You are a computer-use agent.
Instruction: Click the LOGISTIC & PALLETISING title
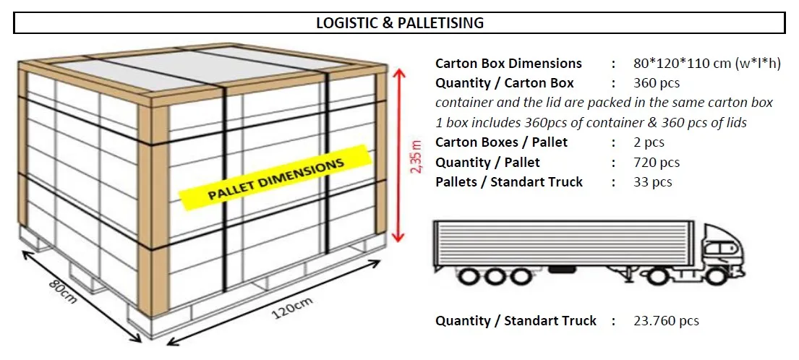[x=399, y=23]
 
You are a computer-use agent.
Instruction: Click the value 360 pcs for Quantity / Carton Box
[x=657, y=82]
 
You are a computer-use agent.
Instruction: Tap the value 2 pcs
[x=649, y=142]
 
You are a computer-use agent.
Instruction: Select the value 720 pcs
[x=657, y=163]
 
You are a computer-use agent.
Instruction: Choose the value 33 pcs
[x=652, y=182]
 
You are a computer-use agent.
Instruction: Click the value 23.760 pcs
[x=666, y=320]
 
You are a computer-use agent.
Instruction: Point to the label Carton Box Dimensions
[x=508, y=63]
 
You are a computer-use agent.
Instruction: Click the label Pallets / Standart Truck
[x=508, y=182]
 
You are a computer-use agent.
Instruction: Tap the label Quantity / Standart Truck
[x=516, y=320]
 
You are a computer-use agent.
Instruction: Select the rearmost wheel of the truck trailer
[x=469, y=277]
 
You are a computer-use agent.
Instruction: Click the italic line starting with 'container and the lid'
[x=604, y=103]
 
